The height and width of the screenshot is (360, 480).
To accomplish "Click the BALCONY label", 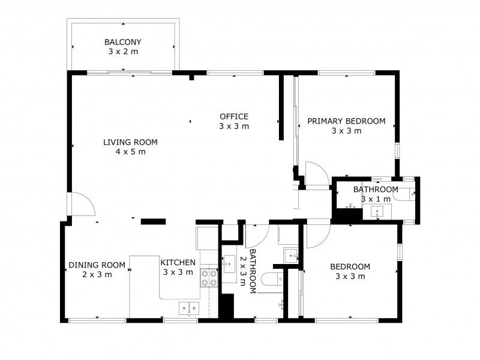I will pyautogui.click(x=122, y=43).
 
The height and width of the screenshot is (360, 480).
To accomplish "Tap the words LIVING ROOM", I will pyautogui.click(x=130, y=142).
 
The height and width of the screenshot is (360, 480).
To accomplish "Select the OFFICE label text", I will pyautogui.click(x=234, y=116).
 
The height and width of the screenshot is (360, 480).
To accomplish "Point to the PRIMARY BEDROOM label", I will pyautogui.click(x=346, y=121).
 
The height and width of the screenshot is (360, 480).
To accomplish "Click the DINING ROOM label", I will pyautogui.click(x=97, y=265).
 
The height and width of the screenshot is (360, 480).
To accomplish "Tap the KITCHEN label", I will pyautogui.click(x=178, y=263).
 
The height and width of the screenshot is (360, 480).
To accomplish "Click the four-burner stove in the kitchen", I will pyautogui.click(x=209, y=277).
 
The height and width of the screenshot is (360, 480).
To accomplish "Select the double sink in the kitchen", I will pyautogui.click(x=189, y=307).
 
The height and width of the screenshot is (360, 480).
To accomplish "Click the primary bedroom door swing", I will pyautogui.click(x=316, y=174).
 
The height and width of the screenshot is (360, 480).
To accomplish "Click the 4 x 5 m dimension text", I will pyautogui.click(x=130, y=152).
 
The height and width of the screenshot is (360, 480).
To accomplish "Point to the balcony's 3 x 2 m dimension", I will pyautogui.click(x=122, y=52).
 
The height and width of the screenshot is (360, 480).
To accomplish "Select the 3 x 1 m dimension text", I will pyautogui.click(x=376, y=199).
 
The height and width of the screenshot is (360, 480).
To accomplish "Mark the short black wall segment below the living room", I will pyautogui.click(x=152, y=221).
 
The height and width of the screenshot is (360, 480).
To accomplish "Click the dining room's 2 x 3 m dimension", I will pyautogui.click(x=97, y=275).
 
